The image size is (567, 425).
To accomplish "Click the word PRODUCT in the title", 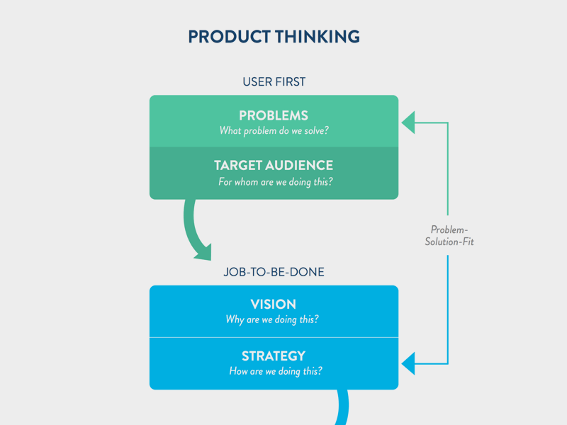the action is [x=229, y=37].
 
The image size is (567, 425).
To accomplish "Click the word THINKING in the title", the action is [x=318, y=37].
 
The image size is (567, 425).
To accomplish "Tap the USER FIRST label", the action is [x=274, y=82].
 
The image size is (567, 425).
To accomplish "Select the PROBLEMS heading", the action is [x=274, y=115].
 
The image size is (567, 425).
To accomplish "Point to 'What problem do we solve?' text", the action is [x=274, y=131].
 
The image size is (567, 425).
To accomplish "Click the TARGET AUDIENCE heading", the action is [x=274, y=166].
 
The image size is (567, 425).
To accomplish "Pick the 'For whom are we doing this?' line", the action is [x=275, y=182].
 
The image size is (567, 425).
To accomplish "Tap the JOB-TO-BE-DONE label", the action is [x=274, y=272].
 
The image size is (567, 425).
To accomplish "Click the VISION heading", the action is [x=274, y=305].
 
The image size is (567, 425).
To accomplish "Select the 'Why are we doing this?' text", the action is [x=272, y=319].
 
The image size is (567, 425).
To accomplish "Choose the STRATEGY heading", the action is [x=274, y=356].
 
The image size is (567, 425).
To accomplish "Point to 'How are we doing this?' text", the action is [x=276, y=371].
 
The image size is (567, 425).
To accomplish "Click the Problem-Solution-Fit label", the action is [x=449, y=236].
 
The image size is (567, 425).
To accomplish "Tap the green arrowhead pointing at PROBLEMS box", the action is [x=408, y=123].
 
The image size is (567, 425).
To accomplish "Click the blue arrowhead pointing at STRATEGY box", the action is [x=408, y=363].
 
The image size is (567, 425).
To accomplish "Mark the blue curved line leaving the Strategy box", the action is [x=343, y=407].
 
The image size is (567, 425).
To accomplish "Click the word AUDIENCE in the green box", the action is [x=299, y=166].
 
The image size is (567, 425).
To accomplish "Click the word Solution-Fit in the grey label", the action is [x=449, y=242].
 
